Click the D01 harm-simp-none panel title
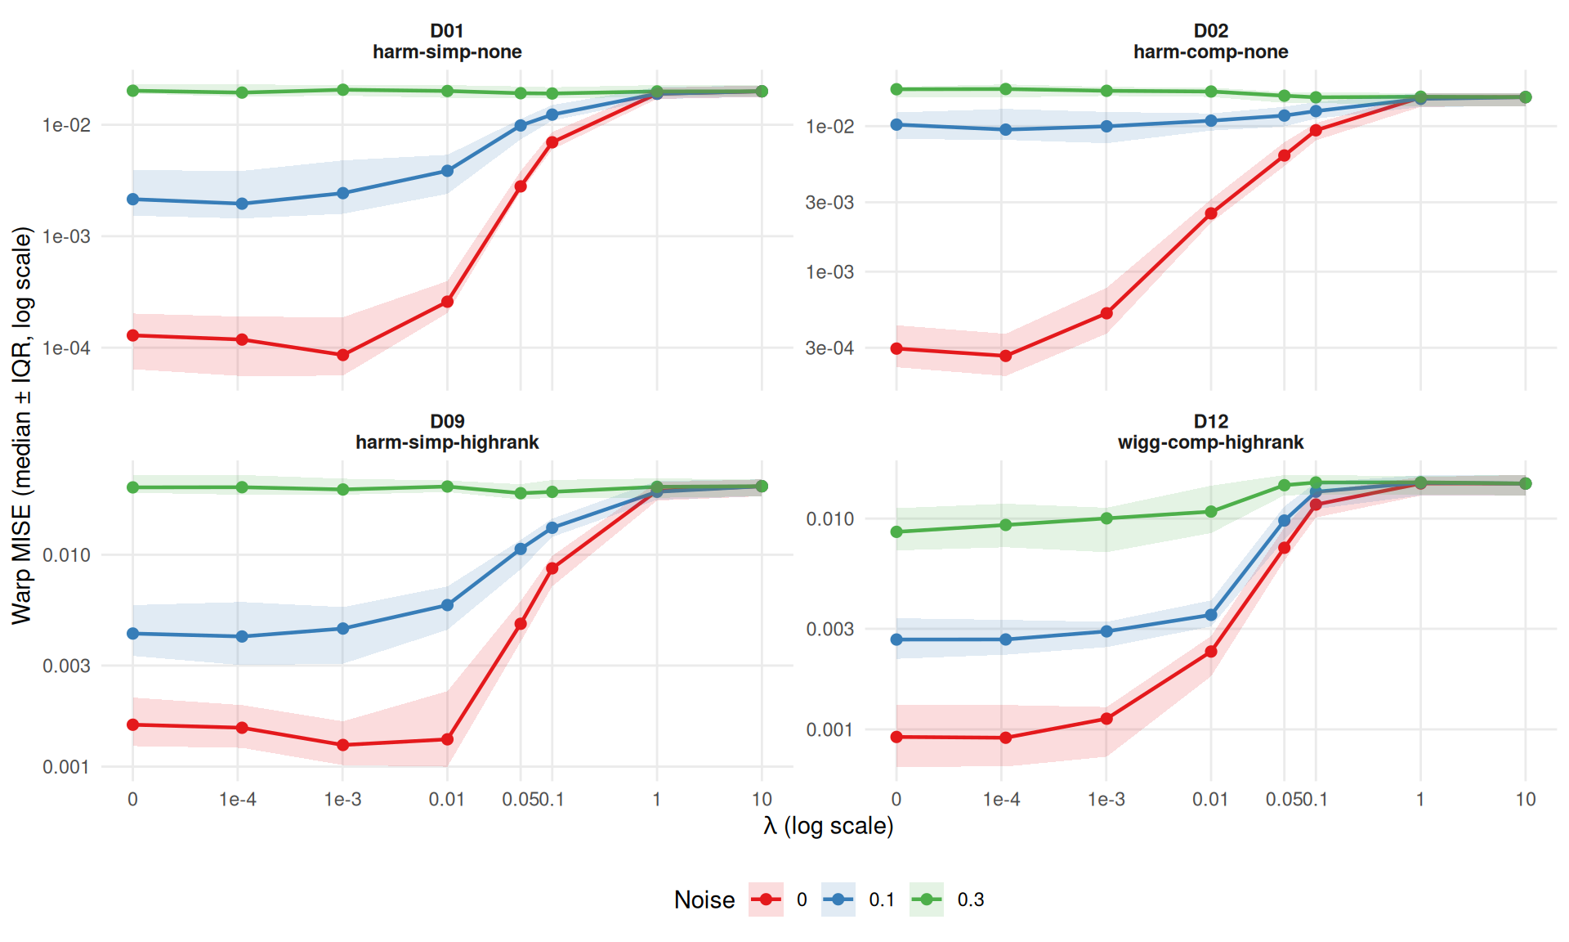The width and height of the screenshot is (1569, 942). [x=447, y=42]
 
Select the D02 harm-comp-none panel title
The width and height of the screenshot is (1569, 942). [x=1210, y=42]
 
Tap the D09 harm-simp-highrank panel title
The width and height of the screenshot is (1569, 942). [x=447, y=432]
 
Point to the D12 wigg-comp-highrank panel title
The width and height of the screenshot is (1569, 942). [x=1210, y=432]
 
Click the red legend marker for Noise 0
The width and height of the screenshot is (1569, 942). [x=766, y=899]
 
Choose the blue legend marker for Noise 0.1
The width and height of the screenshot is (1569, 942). [x=838, y=899]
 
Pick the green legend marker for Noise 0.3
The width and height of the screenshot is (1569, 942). [x=927, y=899]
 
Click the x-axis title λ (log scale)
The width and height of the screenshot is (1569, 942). [x=828, y=826]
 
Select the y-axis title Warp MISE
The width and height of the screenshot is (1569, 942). [x=22, y=425]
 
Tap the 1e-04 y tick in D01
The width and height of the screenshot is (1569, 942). [x=66, y=348]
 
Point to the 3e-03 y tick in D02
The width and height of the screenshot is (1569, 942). [x=829, y=203]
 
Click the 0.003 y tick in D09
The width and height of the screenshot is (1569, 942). [x=66, y=666]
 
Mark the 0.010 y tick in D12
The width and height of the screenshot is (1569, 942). [x=829, y=519]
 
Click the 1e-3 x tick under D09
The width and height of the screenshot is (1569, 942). [x=342, y=800]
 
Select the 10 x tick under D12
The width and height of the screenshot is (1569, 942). [x=1525, y=800]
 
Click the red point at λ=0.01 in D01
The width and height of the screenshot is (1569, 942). [x=447, y=302]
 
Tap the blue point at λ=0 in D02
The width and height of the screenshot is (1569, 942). [x=896, y=124]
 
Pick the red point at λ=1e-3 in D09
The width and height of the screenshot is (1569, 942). [x=342, y=745]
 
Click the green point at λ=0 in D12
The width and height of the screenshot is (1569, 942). [x=896, y=532]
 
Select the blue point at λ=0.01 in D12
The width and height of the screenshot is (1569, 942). [x=1211, y=615]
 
